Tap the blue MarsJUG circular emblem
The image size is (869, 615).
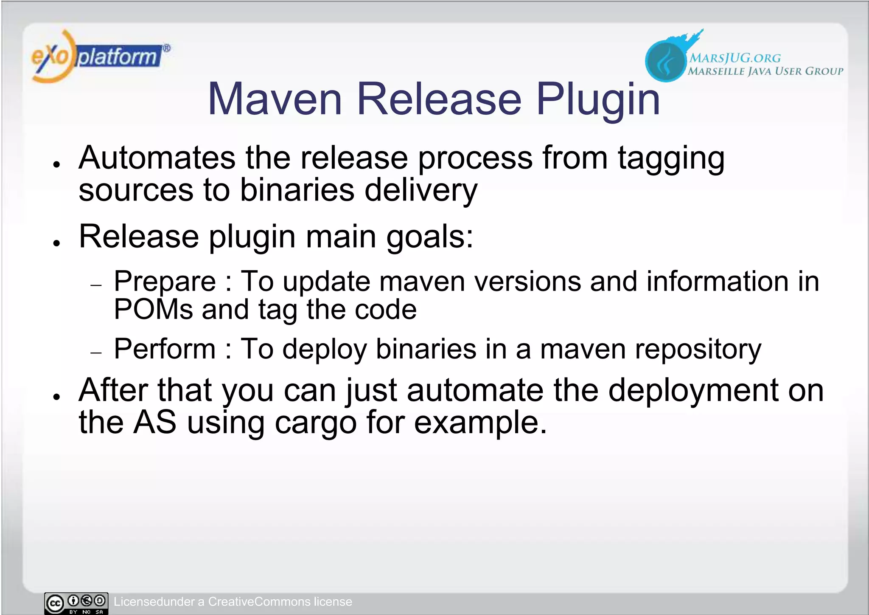tap(665, 60)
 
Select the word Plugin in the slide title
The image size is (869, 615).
tap(598, 100)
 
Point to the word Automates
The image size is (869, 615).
tap(157, 158)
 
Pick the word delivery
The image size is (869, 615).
tap(420, 191)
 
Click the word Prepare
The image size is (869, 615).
tap(165, 282)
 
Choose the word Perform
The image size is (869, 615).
tap(165, 349)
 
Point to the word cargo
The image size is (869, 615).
tap(316, 423)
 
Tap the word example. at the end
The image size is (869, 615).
tap(480, 423)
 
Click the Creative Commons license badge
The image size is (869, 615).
tap(76, 603)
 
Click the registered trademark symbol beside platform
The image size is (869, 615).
tap(167, 48)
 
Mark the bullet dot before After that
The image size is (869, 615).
tap(56, 397)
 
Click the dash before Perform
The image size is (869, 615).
tap(96, 353)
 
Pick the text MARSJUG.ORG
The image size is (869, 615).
tap(734, 58)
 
